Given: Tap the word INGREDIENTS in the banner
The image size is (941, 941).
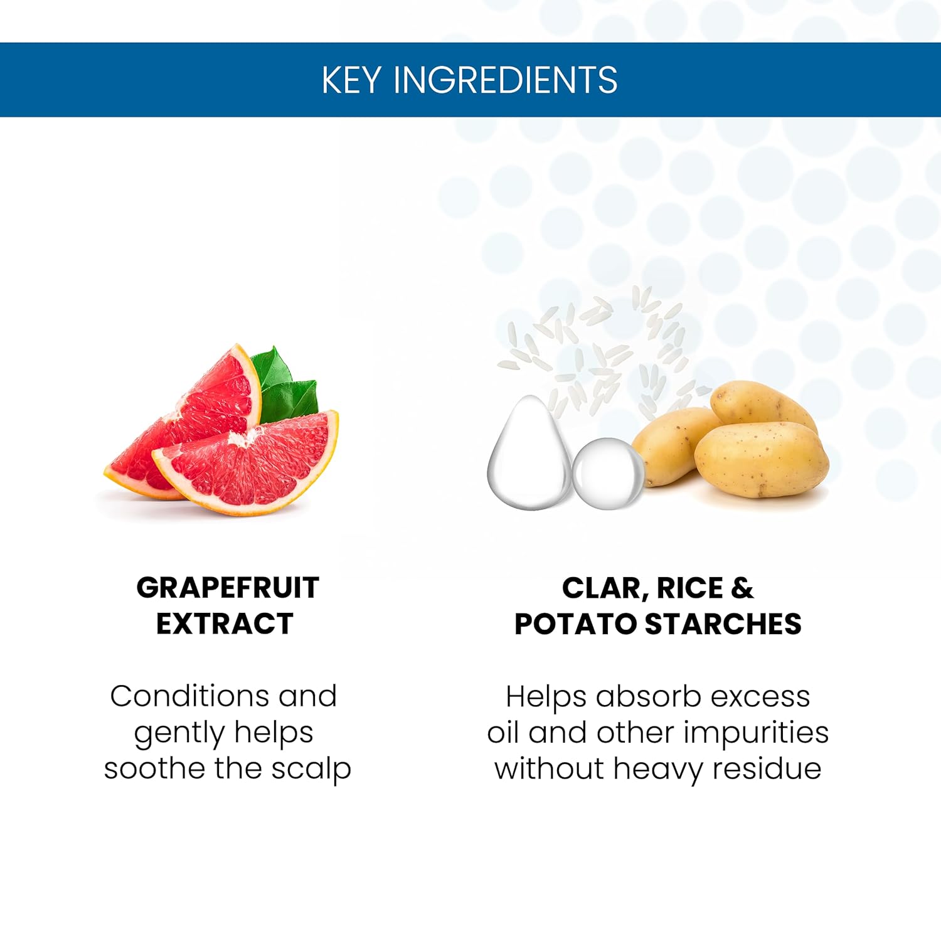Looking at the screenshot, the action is click(x=505, y=80).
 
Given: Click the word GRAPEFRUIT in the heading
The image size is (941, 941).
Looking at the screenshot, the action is click(x=228, y=588).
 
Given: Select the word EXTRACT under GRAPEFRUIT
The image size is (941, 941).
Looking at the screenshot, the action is click(x=225, y=624).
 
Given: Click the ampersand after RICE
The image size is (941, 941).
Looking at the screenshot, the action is click(x=742, y=588).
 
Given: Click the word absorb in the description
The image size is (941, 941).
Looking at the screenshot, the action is click(x=647, y=696).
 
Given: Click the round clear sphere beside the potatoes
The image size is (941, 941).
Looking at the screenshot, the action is click(x=608, y=472).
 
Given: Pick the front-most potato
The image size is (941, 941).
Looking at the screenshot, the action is click(x=762, y=459).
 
